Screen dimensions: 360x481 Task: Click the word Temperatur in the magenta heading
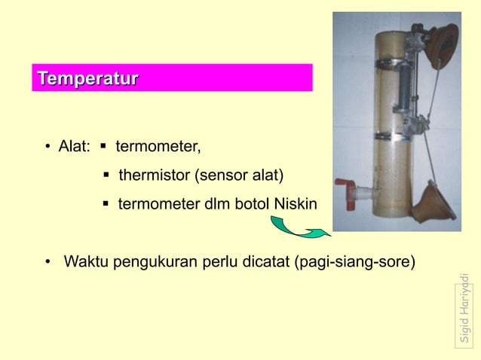pyautogui.click(x=87, y=78)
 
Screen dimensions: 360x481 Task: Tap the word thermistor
pyautogui.click(x=154, y=176)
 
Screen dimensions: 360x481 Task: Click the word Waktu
pyautogui.click(x=84, y=263)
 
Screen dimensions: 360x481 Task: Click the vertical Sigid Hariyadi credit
pyautogui.click(x=467, y=308)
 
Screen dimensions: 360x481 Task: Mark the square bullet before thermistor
pyautogui.click(x=106, y=176)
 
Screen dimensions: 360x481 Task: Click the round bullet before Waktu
pyautogui.click(x=47, y=264)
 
